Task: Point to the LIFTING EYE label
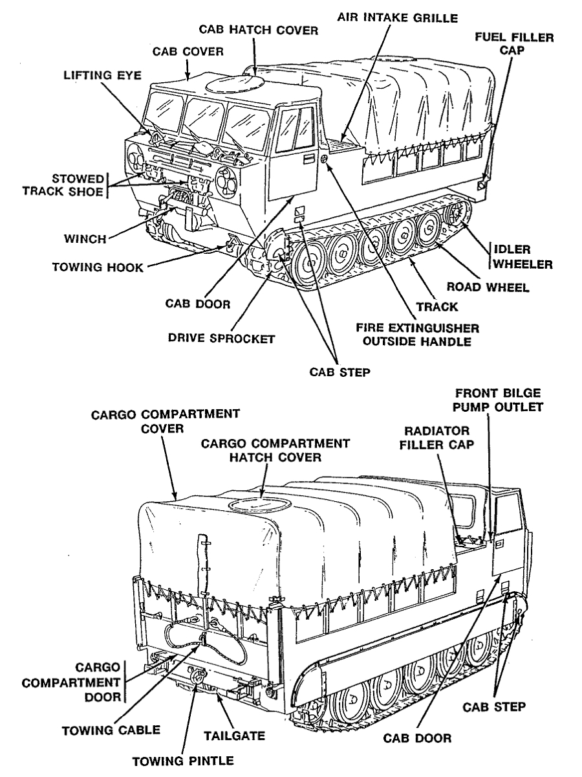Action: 96,74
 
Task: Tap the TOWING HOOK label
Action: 97,267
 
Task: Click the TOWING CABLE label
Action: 110,730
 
